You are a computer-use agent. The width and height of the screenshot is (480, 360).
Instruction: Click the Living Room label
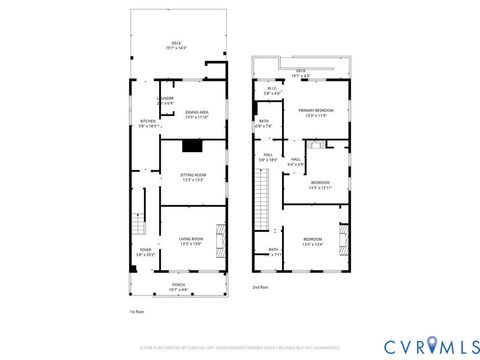191,241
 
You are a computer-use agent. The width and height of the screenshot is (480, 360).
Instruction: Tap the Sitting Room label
192,177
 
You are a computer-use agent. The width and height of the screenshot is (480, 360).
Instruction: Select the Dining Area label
196,114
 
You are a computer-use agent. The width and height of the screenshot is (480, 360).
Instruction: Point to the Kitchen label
148,124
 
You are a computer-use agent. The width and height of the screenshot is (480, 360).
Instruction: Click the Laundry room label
166,100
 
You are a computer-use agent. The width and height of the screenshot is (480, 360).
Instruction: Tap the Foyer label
145,252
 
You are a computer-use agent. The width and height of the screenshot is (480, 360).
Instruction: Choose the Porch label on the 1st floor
178,288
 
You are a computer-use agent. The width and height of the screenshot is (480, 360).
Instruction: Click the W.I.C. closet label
271,91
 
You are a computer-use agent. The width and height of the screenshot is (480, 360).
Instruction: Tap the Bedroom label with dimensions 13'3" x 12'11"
319,185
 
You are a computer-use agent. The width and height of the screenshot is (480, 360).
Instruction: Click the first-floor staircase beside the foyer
139,211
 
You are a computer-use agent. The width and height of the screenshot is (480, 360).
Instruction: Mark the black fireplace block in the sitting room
192,146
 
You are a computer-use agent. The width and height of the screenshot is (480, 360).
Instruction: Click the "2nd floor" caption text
262,287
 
